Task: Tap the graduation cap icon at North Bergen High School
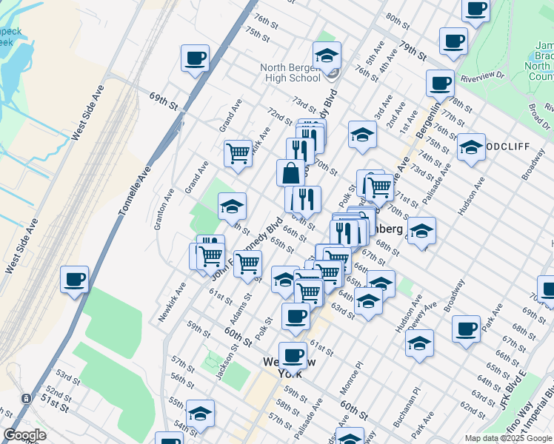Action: pos(327,55)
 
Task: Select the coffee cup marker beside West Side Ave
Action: pos(75,280)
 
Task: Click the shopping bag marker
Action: pos(292,173)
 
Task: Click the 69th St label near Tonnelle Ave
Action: pos(164,102)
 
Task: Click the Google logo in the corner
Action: pos(24,435)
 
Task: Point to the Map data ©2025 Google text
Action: pos(507,438)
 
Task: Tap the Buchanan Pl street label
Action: pos(406,400)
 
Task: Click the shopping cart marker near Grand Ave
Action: pos(238,154)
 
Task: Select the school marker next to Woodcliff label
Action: pos(471,147)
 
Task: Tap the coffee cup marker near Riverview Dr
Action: pos(441,84)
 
